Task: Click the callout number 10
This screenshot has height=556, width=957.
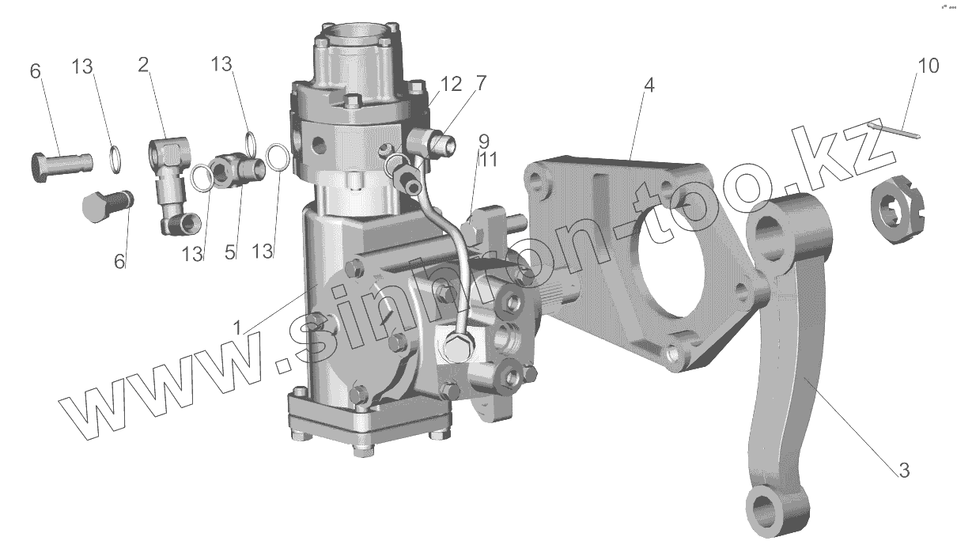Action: (929, 66)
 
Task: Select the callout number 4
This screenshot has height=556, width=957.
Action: (649, 85)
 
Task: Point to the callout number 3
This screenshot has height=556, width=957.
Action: (904, 471)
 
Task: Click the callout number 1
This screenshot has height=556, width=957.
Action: (237, 327)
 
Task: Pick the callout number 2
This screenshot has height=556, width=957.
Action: (143, 65)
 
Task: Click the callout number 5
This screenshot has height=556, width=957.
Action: (230, 253)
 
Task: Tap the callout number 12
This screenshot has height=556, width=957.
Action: (451, 85)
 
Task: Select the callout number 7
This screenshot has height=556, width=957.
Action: (481, 83)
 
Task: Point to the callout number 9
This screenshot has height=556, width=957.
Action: (484, 141)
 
